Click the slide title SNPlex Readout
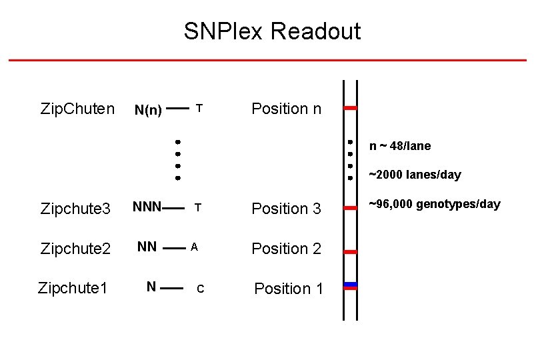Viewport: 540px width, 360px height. [272, 31]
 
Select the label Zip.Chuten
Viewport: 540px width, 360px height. [77, 108]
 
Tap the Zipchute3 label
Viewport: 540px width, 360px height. [75, 209]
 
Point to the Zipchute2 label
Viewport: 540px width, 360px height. [75, 249]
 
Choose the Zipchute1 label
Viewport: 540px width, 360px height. [73, 288]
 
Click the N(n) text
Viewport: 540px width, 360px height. [148, 110]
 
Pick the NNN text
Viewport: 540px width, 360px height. [147, 207]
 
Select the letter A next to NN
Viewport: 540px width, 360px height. [194, 247]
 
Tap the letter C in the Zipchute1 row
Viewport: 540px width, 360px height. [200, 289]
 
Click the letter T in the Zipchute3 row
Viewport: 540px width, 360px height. [198, 208]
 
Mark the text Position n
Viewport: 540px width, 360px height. [286, 108]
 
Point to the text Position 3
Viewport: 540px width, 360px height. [286, 209]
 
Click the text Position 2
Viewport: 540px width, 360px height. [286, 249]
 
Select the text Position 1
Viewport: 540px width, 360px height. [289, 289]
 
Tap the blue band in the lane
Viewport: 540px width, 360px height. [351, 285]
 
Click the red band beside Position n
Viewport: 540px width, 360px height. [351, 107]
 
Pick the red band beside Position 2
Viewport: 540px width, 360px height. [351, 252]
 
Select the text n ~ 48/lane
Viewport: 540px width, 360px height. [400, 146]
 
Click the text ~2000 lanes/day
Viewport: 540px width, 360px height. [415, 175]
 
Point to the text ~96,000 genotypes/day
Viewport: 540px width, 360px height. [434, 204]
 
